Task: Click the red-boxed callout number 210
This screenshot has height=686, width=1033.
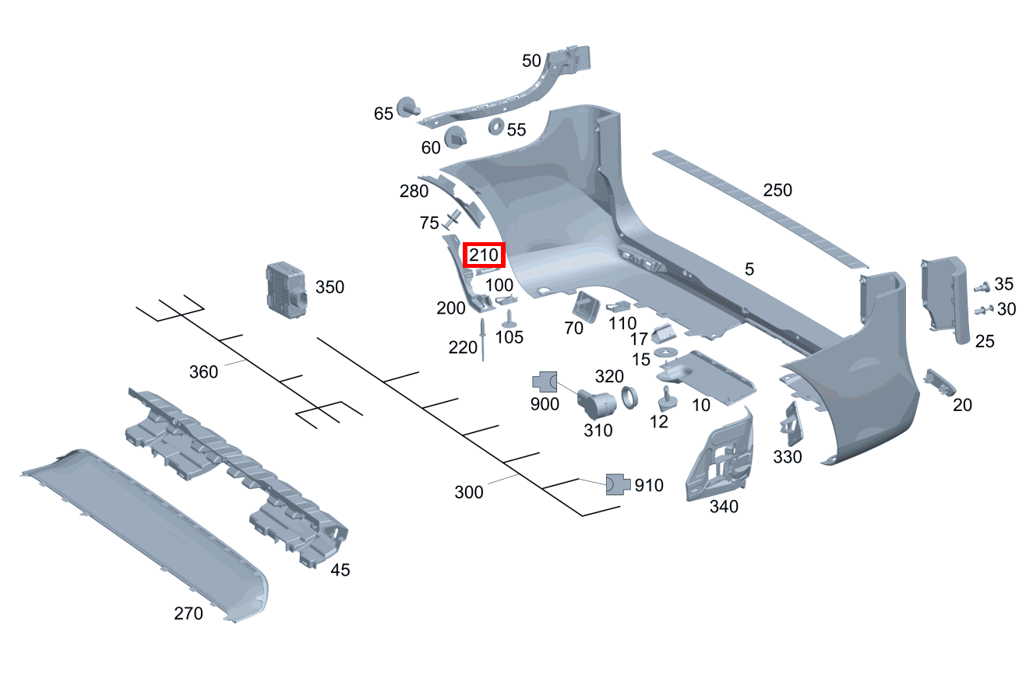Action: [484, 255]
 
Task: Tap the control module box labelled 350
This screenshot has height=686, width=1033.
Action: [287, 290]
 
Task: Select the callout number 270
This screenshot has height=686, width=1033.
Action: [189, 614]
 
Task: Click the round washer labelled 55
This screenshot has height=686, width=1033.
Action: [496, 127]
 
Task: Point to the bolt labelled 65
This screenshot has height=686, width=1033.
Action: [407, 108]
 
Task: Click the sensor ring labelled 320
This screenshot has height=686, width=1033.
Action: [630, 398]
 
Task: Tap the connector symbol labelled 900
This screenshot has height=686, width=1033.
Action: [545, 382]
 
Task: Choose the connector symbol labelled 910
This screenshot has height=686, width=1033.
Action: [618, 484]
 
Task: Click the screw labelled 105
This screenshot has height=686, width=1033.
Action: [509, 318]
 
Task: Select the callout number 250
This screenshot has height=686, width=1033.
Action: [777, 191]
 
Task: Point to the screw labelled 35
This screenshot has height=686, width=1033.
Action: [982, 287]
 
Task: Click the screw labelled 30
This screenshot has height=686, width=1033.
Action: [984, 310]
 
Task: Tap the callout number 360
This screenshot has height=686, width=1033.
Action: [203, 372]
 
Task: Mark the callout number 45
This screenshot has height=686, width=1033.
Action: [340, 570]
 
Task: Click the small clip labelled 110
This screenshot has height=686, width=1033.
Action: [619, 306]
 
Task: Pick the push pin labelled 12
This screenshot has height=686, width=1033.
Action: [668, 399]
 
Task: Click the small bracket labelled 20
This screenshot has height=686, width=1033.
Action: [939, 382]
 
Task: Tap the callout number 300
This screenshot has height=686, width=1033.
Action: [468, 492]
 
